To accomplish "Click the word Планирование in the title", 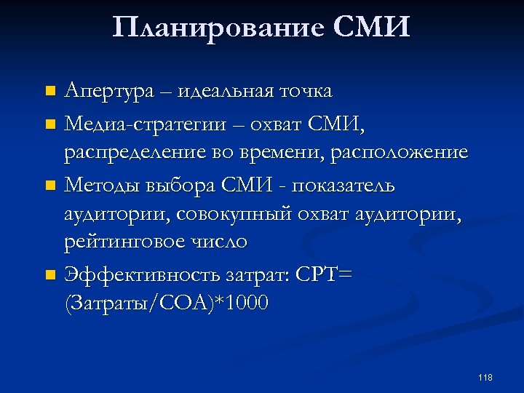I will point(219,28).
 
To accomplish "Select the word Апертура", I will point(108,92).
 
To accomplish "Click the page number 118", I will point(485,377).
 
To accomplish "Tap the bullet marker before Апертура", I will point(49,92).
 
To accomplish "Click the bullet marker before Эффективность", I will point(49,274).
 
